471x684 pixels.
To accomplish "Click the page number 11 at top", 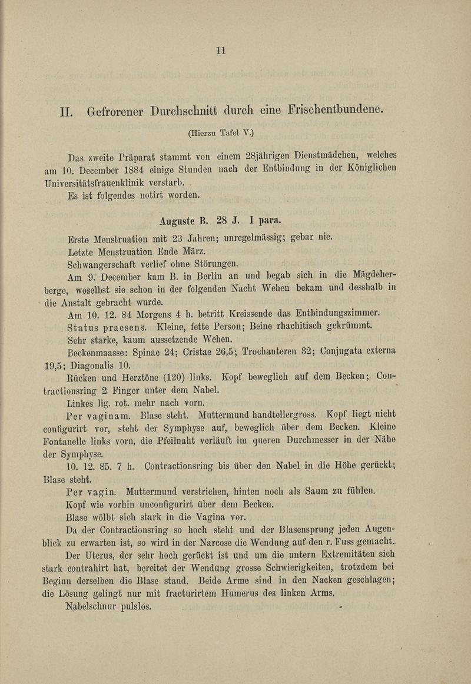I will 221,51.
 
